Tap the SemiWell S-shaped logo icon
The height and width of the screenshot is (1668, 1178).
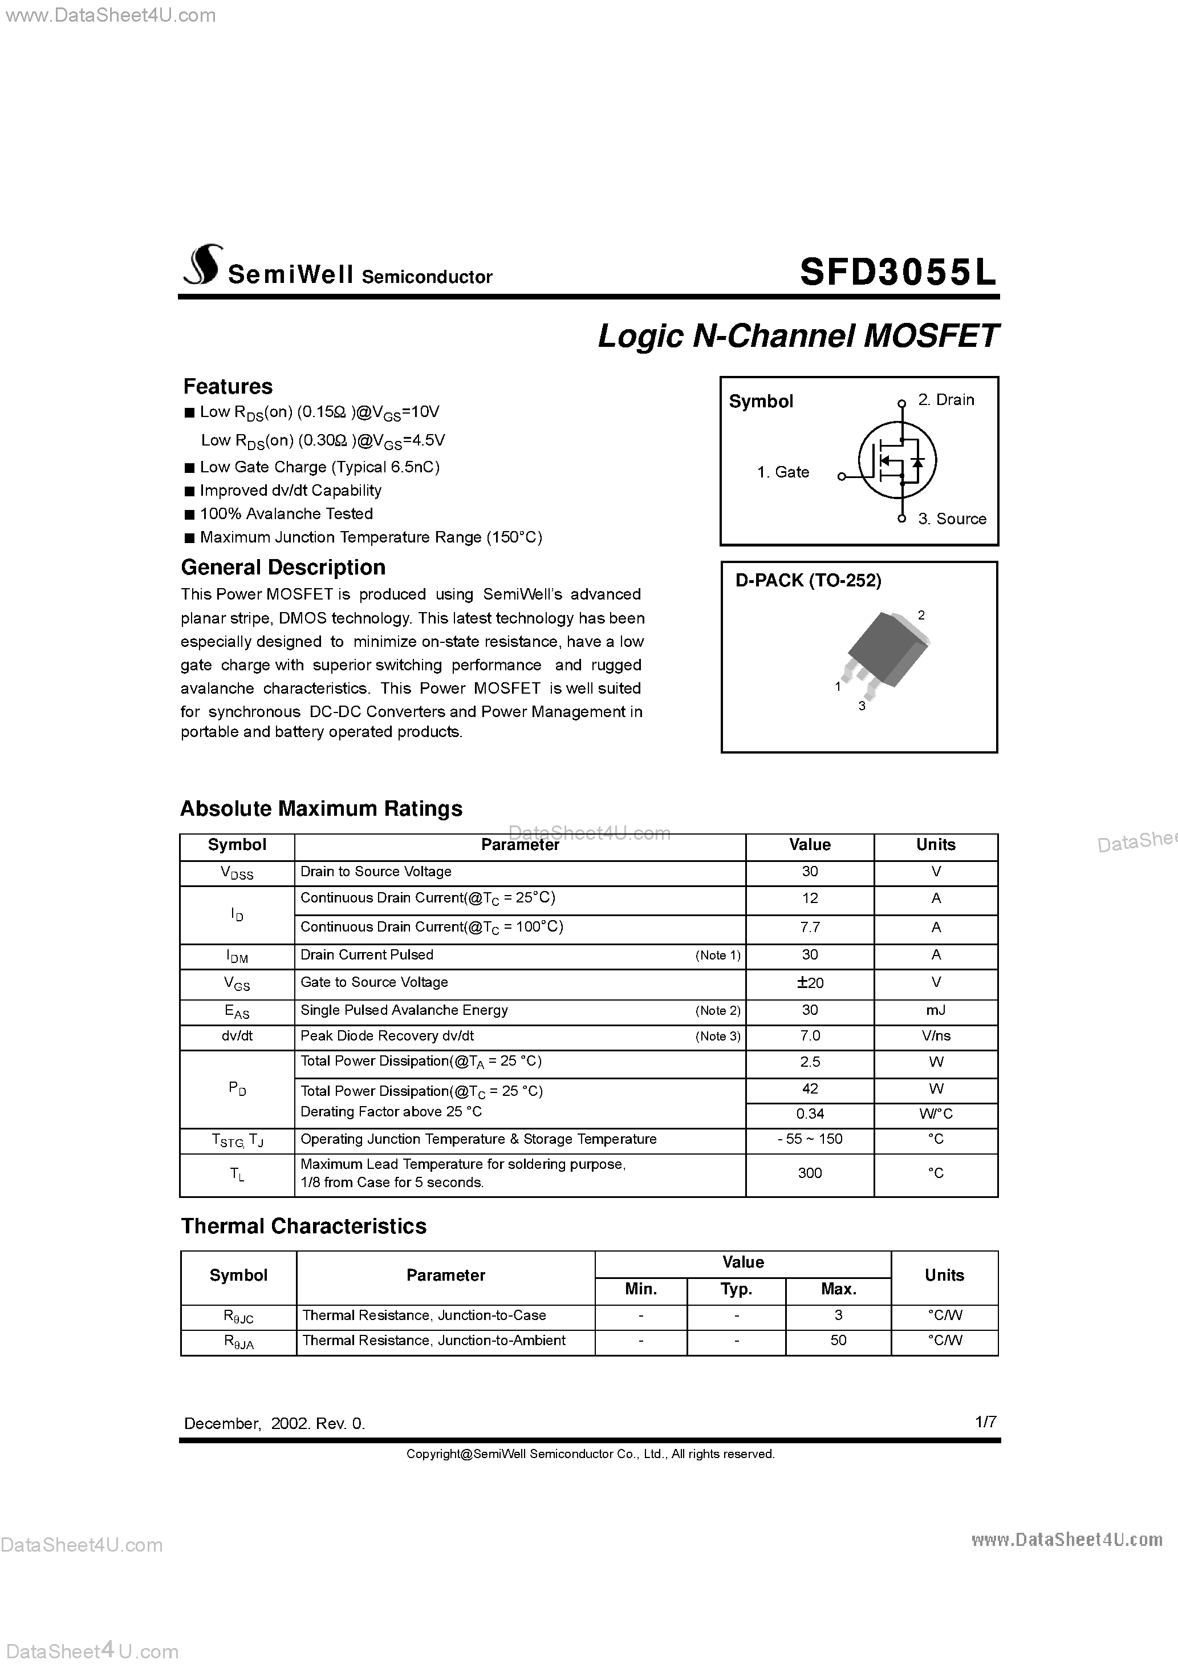click(201, 265)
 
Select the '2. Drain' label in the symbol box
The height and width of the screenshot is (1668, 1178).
click(945, 399)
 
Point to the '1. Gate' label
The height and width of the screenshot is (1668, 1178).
click(782, 472)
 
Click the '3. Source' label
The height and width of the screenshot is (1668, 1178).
click(952, 519)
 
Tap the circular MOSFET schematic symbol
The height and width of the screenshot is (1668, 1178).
click(897, 460)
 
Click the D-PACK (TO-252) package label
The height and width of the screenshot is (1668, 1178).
click(809, 581)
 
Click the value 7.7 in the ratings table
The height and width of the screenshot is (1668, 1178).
click(810, 927)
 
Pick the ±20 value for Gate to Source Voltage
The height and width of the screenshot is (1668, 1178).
click(810, 983)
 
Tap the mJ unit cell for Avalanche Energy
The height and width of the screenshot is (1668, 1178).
click(936, 1010)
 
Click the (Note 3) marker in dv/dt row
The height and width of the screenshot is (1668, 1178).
click(717, 1036)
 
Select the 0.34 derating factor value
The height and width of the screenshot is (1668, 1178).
click(810, 1114)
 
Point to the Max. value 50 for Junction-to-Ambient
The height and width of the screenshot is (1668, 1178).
click(838, 1341)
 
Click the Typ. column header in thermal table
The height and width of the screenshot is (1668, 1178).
click(736, 1289)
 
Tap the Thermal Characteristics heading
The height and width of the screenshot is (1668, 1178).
click(303, 1226)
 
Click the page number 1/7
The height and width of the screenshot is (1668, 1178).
click(985, 1422)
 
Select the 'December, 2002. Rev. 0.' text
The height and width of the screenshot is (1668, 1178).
click(274, 1424)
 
